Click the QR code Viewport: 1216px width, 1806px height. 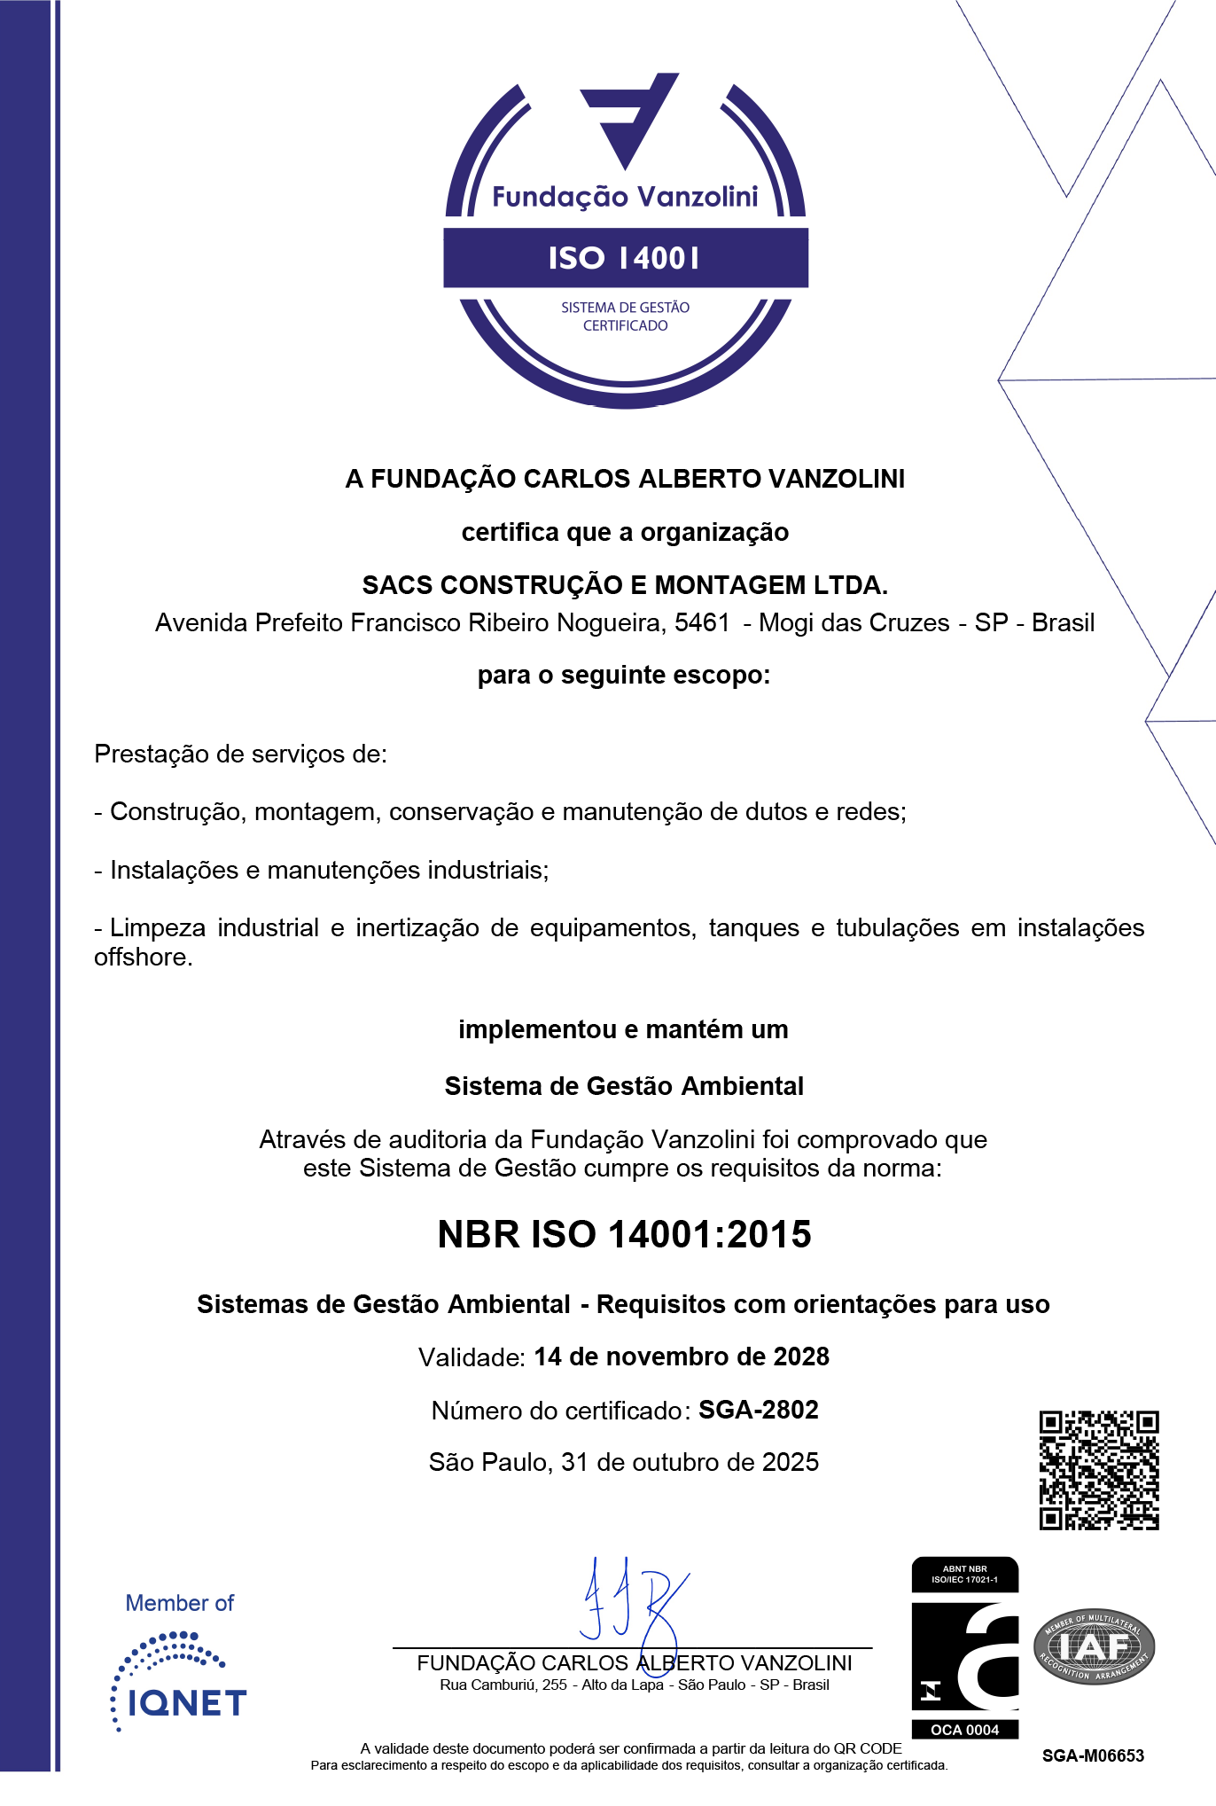1099,1470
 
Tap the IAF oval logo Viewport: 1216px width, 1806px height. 1094,1646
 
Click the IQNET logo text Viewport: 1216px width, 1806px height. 187,1703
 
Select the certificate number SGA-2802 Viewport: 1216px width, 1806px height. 758,1410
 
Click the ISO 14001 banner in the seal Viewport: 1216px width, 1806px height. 625,258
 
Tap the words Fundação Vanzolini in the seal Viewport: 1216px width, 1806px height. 625,197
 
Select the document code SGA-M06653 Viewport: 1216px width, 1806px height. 1093,1755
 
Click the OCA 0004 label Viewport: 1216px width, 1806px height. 964,1730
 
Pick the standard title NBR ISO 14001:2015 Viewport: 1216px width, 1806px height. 625,1234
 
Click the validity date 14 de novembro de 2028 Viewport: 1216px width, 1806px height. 682,1356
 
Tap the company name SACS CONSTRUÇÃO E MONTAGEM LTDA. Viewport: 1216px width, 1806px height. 625,585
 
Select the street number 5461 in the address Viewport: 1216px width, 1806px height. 702,622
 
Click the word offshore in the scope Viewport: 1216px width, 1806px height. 143,958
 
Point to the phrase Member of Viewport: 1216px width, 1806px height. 180,1603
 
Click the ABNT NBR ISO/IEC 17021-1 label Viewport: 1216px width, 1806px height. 964,1574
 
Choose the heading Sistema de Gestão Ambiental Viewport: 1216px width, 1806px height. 624,1086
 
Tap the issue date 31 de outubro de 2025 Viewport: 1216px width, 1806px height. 690,1462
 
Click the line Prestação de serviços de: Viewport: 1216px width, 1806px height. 240,754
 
